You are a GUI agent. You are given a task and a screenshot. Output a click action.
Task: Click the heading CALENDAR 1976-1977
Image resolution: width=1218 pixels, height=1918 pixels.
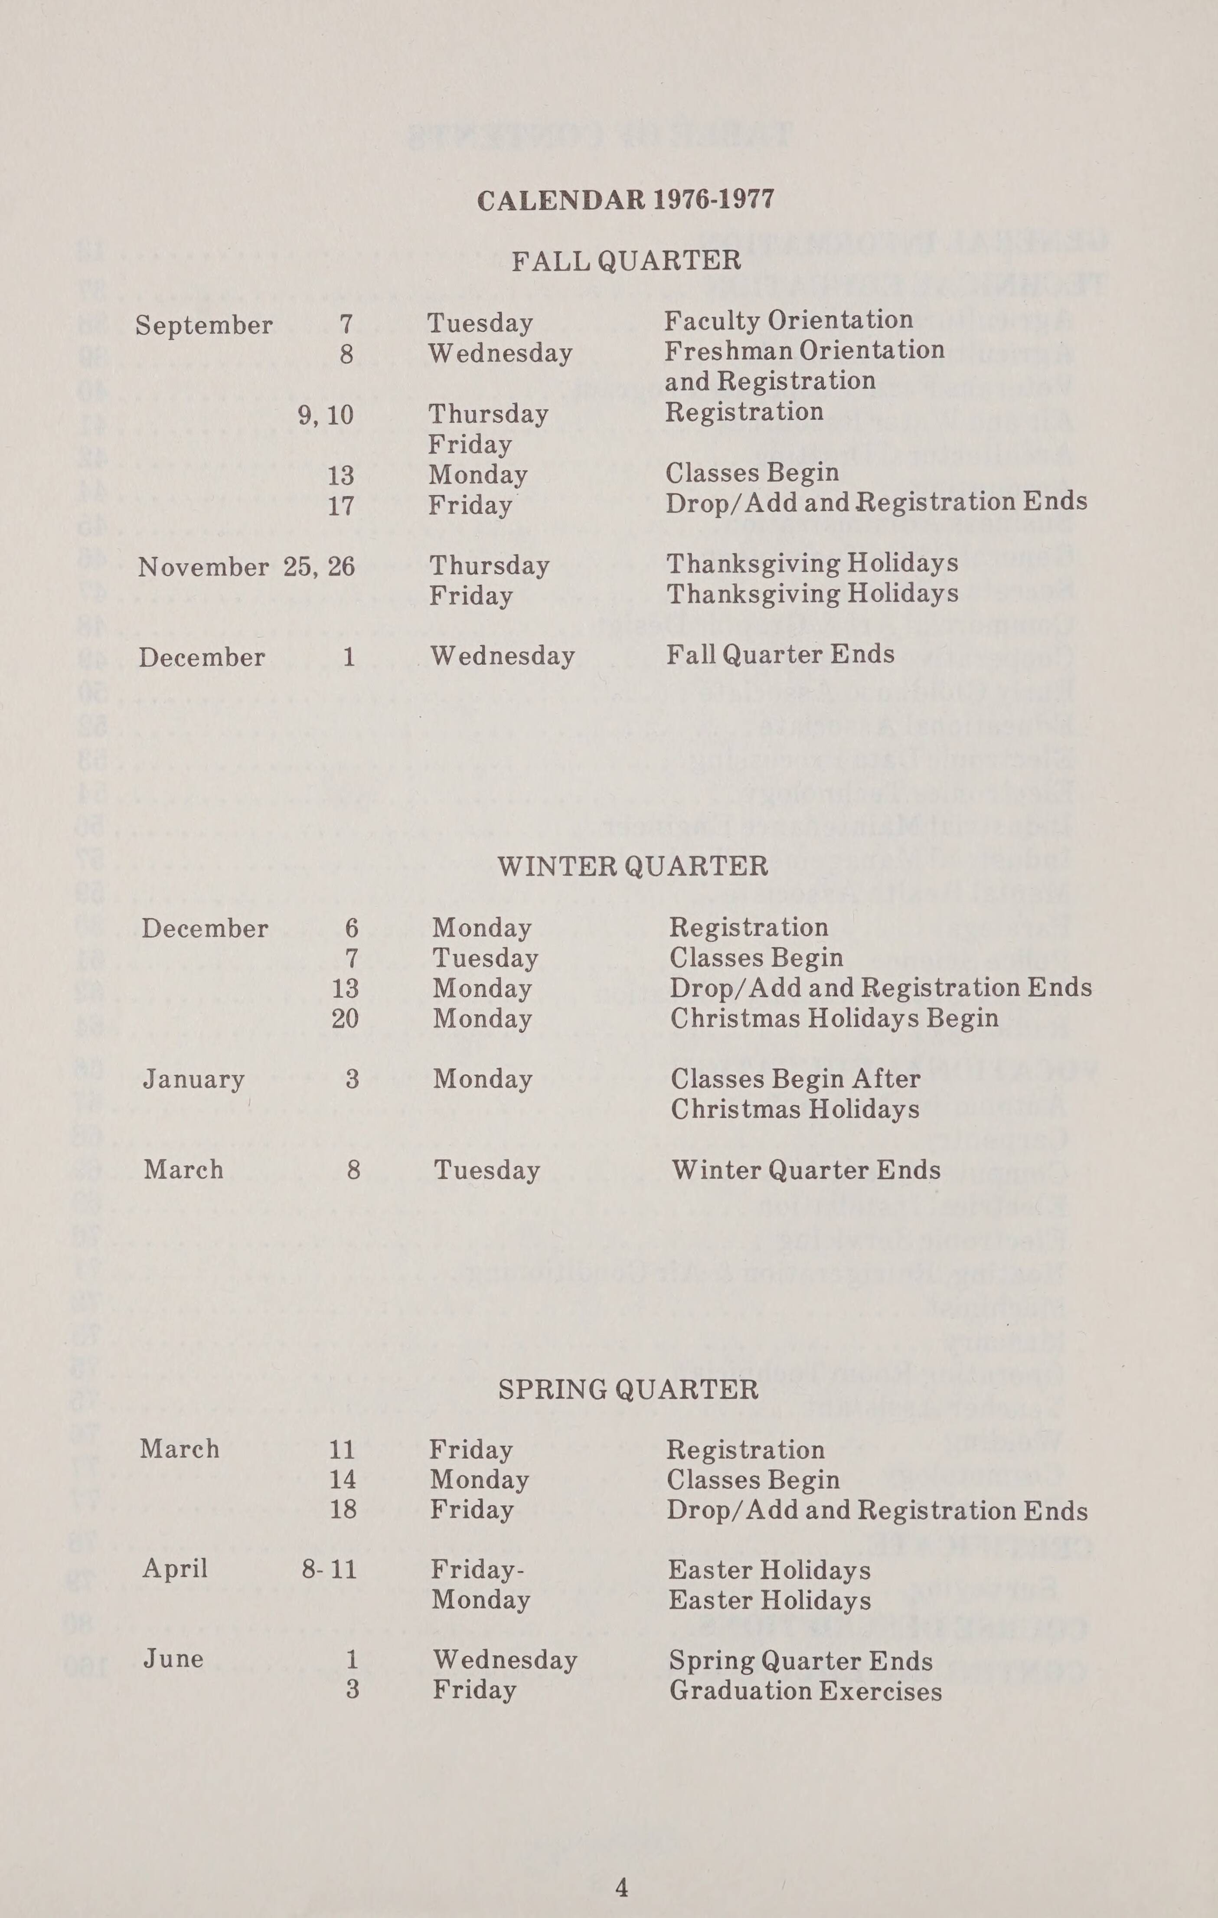[x=625, y=199]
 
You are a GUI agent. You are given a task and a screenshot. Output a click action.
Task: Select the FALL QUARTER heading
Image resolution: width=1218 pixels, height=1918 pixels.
[x=626, y=261]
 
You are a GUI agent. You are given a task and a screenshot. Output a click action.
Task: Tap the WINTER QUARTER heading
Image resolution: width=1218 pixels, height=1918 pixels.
[x=633, y=866]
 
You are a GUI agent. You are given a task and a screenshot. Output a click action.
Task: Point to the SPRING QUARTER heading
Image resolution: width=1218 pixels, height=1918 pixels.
[x=628, y=1390]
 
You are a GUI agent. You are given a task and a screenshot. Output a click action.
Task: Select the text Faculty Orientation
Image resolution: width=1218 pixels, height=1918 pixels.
[x=789, y=320]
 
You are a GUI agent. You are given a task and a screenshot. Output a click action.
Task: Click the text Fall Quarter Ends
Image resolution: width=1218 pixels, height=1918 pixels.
[x=780, y=655]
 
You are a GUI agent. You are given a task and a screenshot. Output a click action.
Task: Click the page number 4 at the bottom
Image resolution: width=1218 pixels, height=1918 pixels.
[x=622, y=1888]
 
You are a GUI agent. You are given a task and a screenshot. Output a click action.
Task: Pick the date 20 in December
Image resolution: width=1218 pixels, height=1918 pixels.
[x=345, y=1019]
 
